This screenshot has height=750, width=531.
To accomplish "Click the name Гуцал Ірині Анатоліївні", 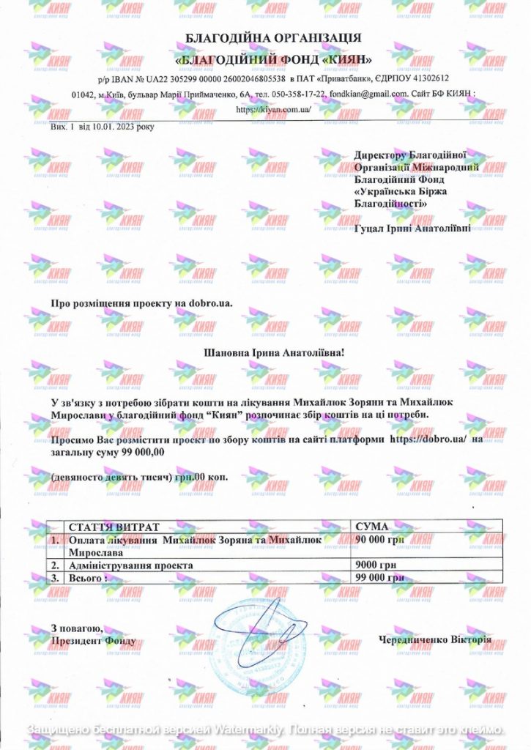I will point(412,229).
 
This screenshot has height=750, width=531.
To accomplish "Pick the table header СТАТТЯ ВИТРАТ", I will point(113,526).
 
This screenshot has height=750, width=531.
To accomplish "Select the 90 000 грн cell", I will point(379,539).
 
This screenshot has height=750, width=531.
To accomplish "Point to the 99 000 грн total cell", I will point(379,577).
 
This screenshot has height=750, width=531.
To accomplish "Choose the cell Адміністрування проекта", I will point(130,565).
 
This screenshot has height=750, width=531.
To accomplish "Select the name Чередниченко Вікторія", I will point(435,639).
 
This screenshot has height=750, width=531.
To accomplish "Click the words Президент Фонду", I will point(93,641).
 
